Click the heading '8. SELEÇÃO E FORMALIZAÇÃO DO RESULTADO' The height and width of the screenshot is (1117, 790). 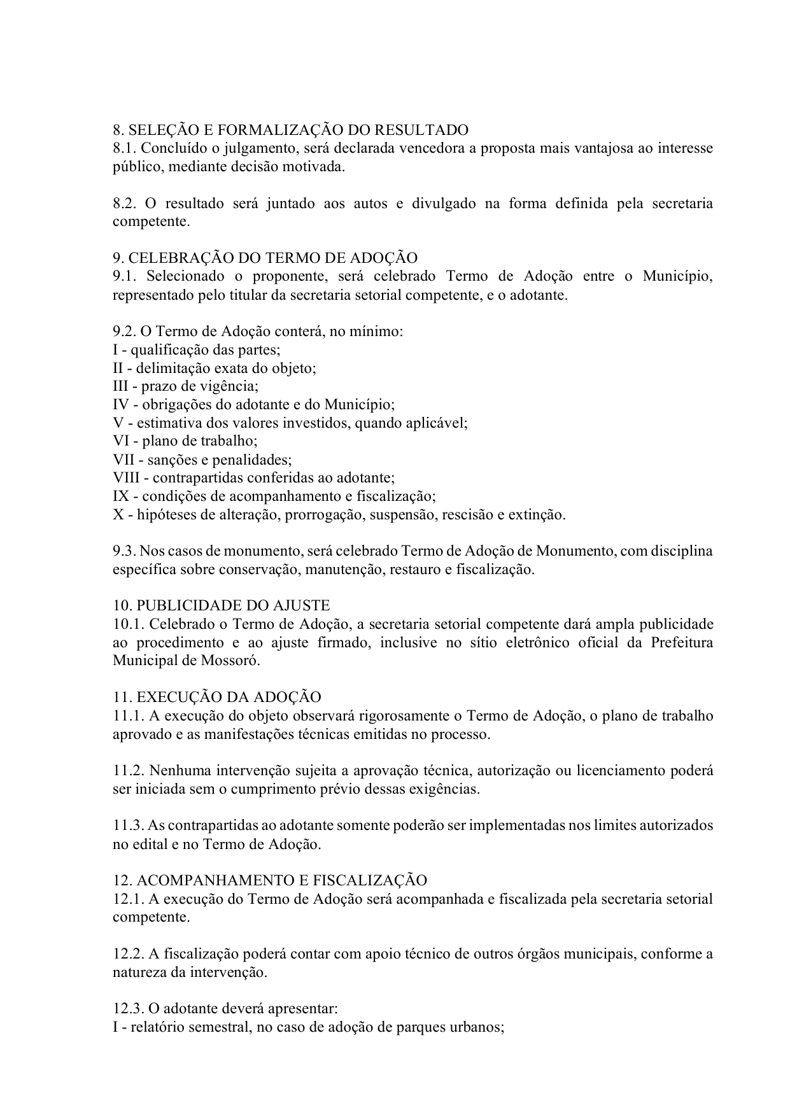coord(290,130)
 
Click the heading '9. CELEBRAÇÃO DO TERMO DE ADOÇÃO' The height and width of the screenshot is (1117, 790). coord(265,258)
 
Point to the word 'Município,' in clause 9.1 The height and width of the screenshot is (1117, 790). coord(677,277)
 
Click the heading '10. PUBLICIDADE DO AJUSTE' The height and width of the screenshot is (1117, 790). coord(222,606)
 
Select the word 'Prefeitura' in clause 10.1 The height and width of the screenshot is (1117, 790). coord(682,643)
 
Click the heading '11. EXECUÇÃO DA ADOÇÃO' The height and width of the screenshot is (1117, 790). coord(217,698)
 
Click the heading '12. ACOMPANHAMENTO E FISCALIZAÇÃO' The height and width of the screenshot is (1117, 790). coord(270,881)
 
